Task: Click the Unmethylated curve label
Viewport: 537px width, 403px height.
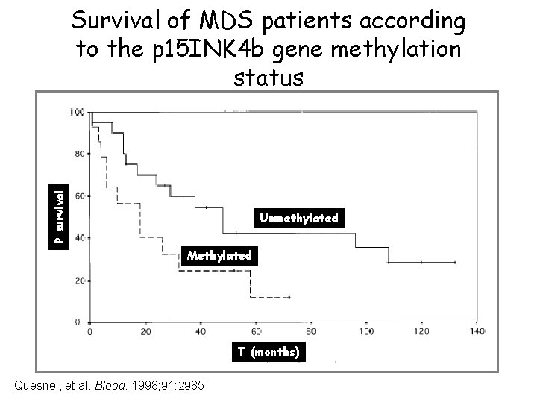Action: click(298, 219)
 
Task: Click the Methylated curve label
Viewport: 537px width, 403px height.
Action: click(219, 255)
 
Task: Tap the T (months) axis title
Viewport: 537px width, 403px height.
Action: click(268, 352)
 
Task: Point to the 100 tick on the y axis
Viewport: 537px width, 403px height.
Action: click(76, 113)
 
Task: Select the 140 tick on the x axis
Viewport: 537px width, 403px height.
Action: click(477, 331)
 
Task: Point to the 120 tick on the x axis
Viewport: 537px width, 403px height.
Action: click(421, 331)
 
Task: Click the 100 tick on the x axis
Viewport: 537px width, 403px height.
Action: click(366, 331)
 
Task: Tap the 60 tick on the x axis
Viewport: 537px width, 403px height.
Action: click(256, 331)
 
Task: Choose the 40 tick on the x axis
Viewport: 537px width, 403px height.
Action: click(201, 331)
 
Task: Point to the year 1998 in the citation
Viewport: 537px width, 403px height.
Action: click(142, 385)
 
